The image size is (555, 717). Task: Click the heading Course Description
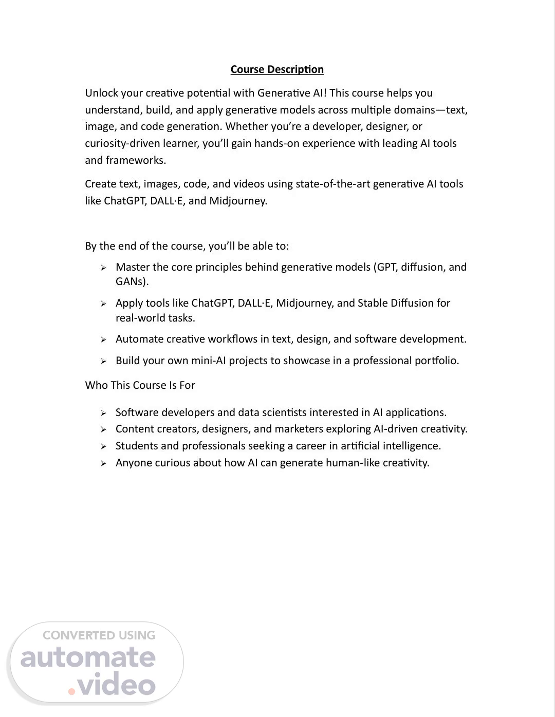click(277, 69)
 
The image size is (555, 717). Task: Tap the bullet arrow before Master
click(103, 268)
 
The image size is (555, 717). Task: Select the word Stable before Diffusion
click(373, 303)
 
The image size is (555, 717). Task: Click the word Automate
click(138, 339)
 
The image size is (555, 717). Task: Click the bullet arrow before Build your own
click(103, 361)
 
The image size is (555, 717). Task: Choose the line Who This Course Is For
click(140, 385)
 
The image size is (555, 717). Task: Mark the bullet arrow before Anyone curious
click(103, 463)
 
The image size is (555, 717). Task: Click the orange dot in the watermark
click(71, 691)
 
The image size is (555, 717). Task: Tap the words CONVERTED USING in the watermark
click(99, 635)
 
